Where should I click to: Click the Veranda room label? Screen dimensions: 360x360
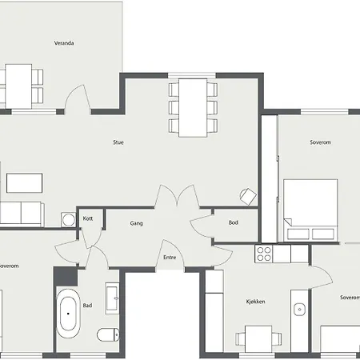coord(64,43)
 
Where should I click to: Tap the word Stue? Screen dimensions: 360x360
coord(118,142)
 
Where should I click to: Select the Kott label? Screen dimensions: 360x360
coord(88,218)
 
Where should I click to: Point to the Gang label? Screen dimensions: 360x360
coord(136,223)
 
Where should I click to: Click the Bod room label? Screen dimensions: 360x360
coord(234,222)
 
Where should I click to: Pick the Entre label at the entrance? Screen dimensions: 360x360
coord(170,258)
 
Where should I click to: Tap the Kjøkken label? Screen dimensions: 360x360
coord(255,302)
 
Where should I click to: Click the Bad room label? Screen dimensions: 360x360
coord(87,306)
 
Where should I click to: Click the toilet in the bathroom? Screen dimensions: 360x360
coord(108,334)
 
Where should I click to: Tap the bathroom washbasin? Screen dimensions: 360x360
coord(112,298)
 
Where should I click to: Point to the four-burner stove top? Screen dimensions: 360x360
coord(264,254)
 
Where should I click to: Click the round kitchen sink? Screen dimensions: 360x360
coord(300,310)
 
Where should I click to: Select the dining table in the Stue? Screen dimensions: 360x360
coord(193,108)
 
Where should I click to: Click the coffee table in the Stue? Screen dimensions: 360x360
coord(24,183)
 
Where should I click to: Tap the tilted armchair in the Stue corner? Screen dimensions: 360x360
coord(248,197)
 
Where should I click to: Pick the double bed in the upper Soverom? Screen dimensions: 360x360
coord(310,210)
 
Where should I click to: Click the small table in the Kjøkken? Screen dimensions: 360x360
coord(258,339)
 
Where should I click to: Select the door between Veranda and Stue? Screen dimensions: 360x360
coord(78,98)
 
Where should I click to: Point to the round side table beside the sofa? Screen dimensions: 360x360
coord(68,220)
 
